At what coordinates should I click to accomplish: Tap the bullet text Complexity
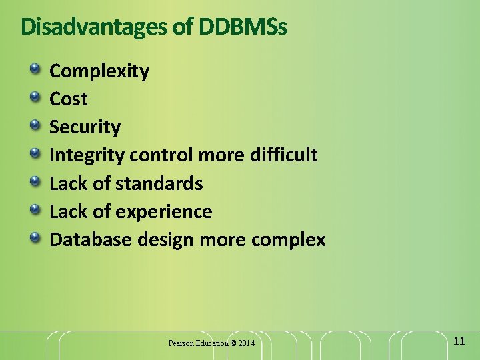click(99, 71)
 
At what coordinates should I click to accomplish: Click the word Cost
click(69, 99)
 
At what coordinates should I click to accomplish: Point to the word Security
click(85, 127)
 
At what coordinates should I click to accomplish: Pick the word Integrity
click(87, 155)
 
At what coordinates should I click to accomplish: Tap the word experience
click(164, 212)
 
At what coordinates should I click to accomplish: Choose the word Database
click(91, 239)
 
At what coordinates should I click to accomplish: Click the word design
click(164, 240)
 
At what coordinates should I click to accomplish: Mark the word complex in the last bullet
click(289, 240)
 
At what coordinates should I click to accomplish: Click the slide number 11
click(459, 341)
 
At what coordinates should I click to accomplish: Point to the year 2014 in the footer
click(246, 343)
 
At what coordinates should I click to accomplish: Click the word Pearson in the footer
click(181, 343)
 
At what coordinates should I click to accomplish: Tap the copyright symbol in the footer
click(233, 343)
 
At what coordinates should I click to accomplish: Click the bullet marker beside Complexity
click(34, 69)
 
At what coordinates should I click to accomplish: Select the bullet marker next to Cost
click(34, 97)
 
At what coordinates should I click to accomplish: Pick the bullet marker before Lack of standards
click(34, 181)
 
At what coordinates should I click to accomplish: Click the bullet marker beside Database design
click(34, 237)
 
